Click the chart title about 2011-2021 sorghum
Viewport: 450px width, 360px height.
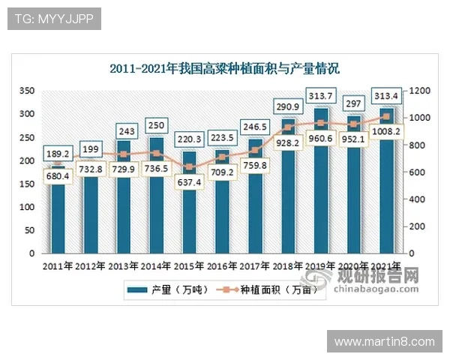click(224, 69)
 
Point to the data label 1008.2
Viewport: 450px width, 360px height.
click(386, 130)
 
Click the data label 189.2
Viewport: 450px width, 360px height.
click(58, 154)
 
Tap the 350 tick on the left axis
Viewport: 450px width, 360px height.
click(27, 91)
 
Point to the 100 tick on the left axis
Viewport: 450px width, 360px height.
click(27, 207)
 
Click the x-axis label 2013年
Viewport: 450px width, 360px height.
click(123, 266)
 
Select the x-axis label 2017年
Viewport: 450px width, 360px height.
click(254, 266)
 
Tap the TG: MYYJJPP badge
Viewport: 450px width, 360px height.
click(54, 19)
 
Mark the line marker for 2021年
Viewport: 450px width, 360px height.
click(386, 117)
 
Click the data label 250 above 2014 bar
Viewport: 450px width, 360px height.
click(157, 125)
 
